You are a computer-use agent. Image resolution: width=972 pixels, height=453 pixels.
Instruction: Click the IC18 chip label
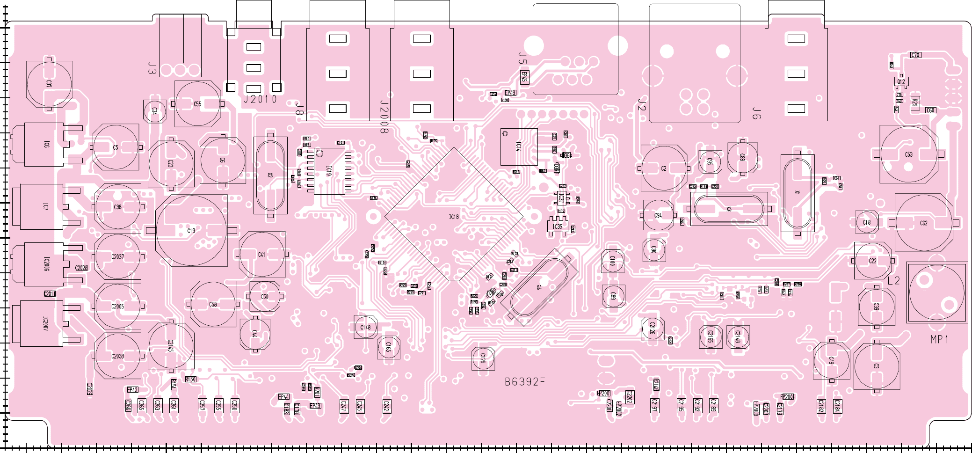(x=454, y=217)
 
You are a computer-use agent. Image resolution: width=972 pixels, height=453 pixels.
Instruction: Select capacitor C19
(x=191, y=230)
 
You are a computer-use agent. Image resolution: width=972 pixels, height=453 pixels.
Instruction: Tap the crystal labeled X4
(x=539, y=287)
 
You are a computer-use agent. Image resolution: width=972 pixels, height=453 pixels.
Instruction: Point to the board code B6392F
(x=525, y=382)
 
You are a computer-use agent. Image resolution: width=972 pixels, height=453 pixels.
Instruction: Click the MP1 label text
(x=939, y=339)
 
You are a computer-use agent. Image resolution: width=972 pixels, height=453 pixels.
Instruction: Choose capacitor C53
(x=908, y=154)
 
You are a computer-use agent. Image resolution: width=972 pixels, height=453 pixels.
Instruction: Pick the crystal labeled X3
(x=729, y=209)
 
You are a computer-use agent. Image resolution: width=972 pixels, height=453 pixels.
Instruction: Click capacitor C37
(x=49, y=84)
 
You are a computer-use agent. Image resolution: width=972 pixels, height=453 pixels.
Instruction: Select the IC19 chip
(x=329, y=171)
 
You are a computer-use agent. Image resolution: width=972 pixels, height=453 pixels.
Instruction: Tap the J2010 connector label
(x=261, y=99)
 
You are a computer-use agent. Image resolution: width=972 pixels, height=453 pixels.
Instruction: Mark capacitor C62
(x=923, y=223)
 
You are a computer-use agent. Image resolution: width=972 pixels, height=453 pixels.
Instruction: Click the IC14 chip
(x=518, y=146)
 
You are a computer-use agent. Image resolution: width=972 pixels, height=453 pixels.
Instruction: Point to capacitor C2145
(x=171, y=345)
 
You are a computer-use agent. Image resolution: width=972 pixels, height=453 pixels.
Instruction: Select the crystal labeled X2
(x=270, y=175)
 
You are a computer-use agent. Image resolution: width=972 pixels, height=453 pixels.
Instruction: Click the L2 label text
(x=893, y=280)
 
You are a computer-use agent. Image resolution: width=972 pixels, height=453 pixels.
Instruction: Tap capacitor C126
(x=483, y=358)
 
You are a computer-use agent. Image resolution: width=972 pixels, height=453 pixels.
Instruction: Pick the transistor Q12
(x=901, y=81)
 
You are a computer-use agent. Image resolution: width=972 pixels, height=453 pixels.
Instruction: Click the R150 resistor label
(x=190, y=379)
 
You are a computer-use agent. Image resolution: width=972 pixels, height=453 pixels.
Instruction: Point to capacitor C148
(x=365, y=327)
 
